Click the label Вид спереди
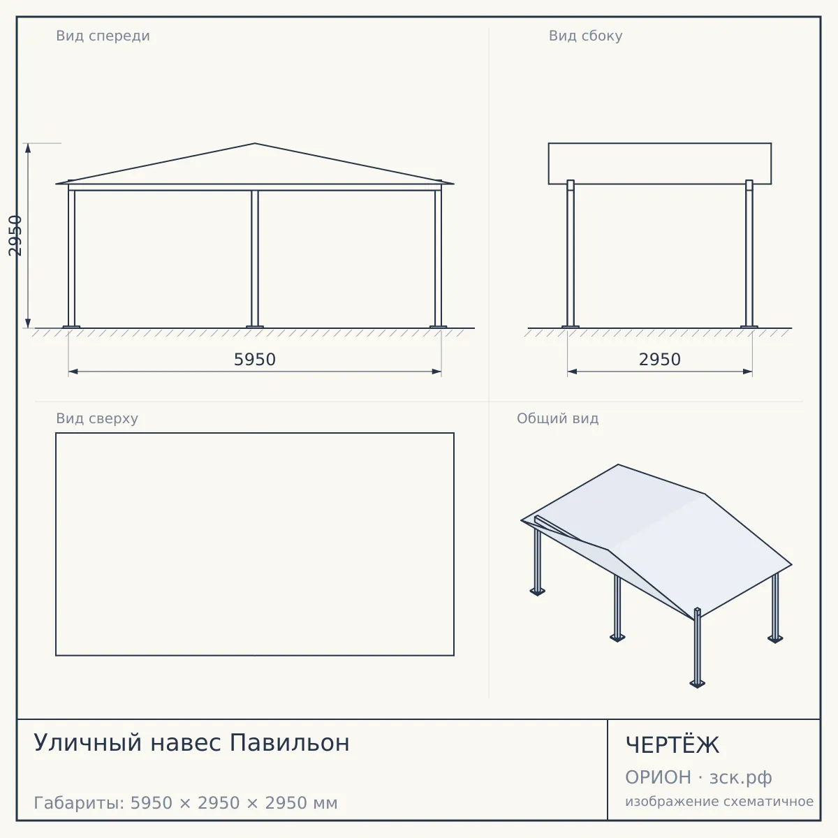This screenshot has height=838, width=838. [x=103, y=36]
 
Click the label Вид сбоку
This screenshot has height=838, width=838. [x=585, y=36]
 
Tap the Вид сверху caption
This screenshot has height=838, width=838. [x=97, y=418]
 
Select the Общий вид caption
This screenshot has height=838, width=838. [x=557, y=418]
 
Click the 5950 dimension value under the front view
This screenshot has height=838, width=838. [x=255, y=360]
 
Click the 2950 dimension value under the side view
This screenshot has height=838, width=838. [x=660, y=360]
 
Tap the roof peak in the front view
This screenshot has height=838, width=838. [x=255, y=144]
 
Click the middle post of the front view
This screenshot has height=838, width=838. [x=255, y=258]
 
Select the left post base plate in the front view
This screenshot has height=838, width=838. [x=71, y=327]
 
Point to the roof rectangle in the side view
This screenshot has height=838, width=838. [x=660, y=143]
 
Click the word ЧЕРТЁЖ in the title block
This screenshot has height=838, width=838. [x=672, y=745]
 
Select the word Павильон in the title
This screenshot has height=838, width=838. [x=290, y=743]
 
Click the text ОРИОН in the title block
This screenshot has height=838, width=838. [x=658, y=777]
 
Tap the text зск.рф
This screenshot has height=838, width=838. [x=741, y=778]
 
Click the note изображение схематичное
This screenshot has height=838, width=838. [x=719, y=802]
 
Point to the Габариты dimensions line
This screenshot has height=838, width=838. [x=186, y=803]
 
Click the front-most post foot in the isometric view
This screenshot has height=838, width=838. [x=697, y=684]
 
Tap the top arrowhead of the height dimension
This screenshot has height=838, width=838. [x=28, y=148]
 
